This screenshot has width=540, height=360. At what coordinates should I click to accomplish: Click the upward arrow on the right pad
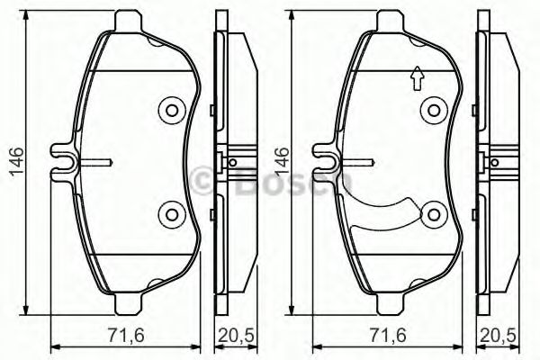[416, 80]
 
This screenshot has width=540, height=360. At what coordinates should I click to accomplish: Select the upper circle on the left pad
[170, 111]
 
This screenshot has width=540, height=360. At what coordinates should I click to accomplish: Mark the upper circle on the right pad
[435, 111]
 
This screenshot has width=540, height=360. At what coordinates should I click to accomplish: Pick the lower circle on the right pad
[435, 214]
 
